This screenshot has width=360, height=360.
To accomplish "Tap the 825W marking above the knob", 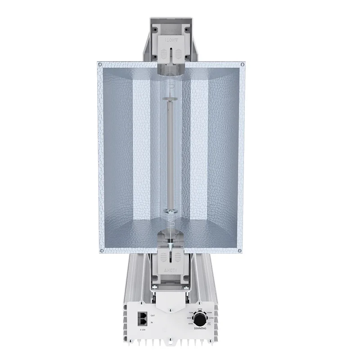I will click(200, 309).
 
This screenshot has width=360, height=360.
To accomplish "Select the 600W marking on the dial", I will click(189, 318).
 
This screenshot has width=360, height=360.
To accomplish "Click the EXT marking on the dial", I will click(209, 323).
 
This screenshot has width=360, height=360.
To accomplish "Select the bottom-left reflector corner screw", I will click(102, 250).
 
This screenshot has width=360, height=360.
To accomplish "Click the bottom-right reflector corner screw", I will click(243, 250).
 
